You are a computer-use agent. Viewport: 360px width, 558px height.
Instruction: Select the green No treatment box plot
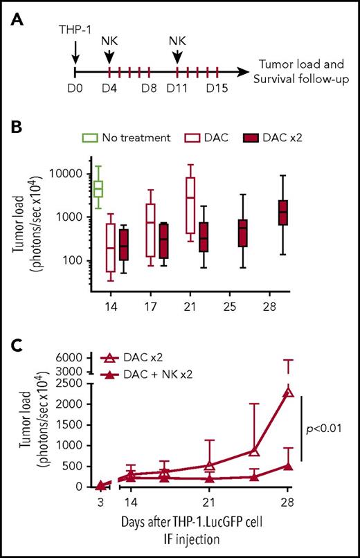coord(98,188)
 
